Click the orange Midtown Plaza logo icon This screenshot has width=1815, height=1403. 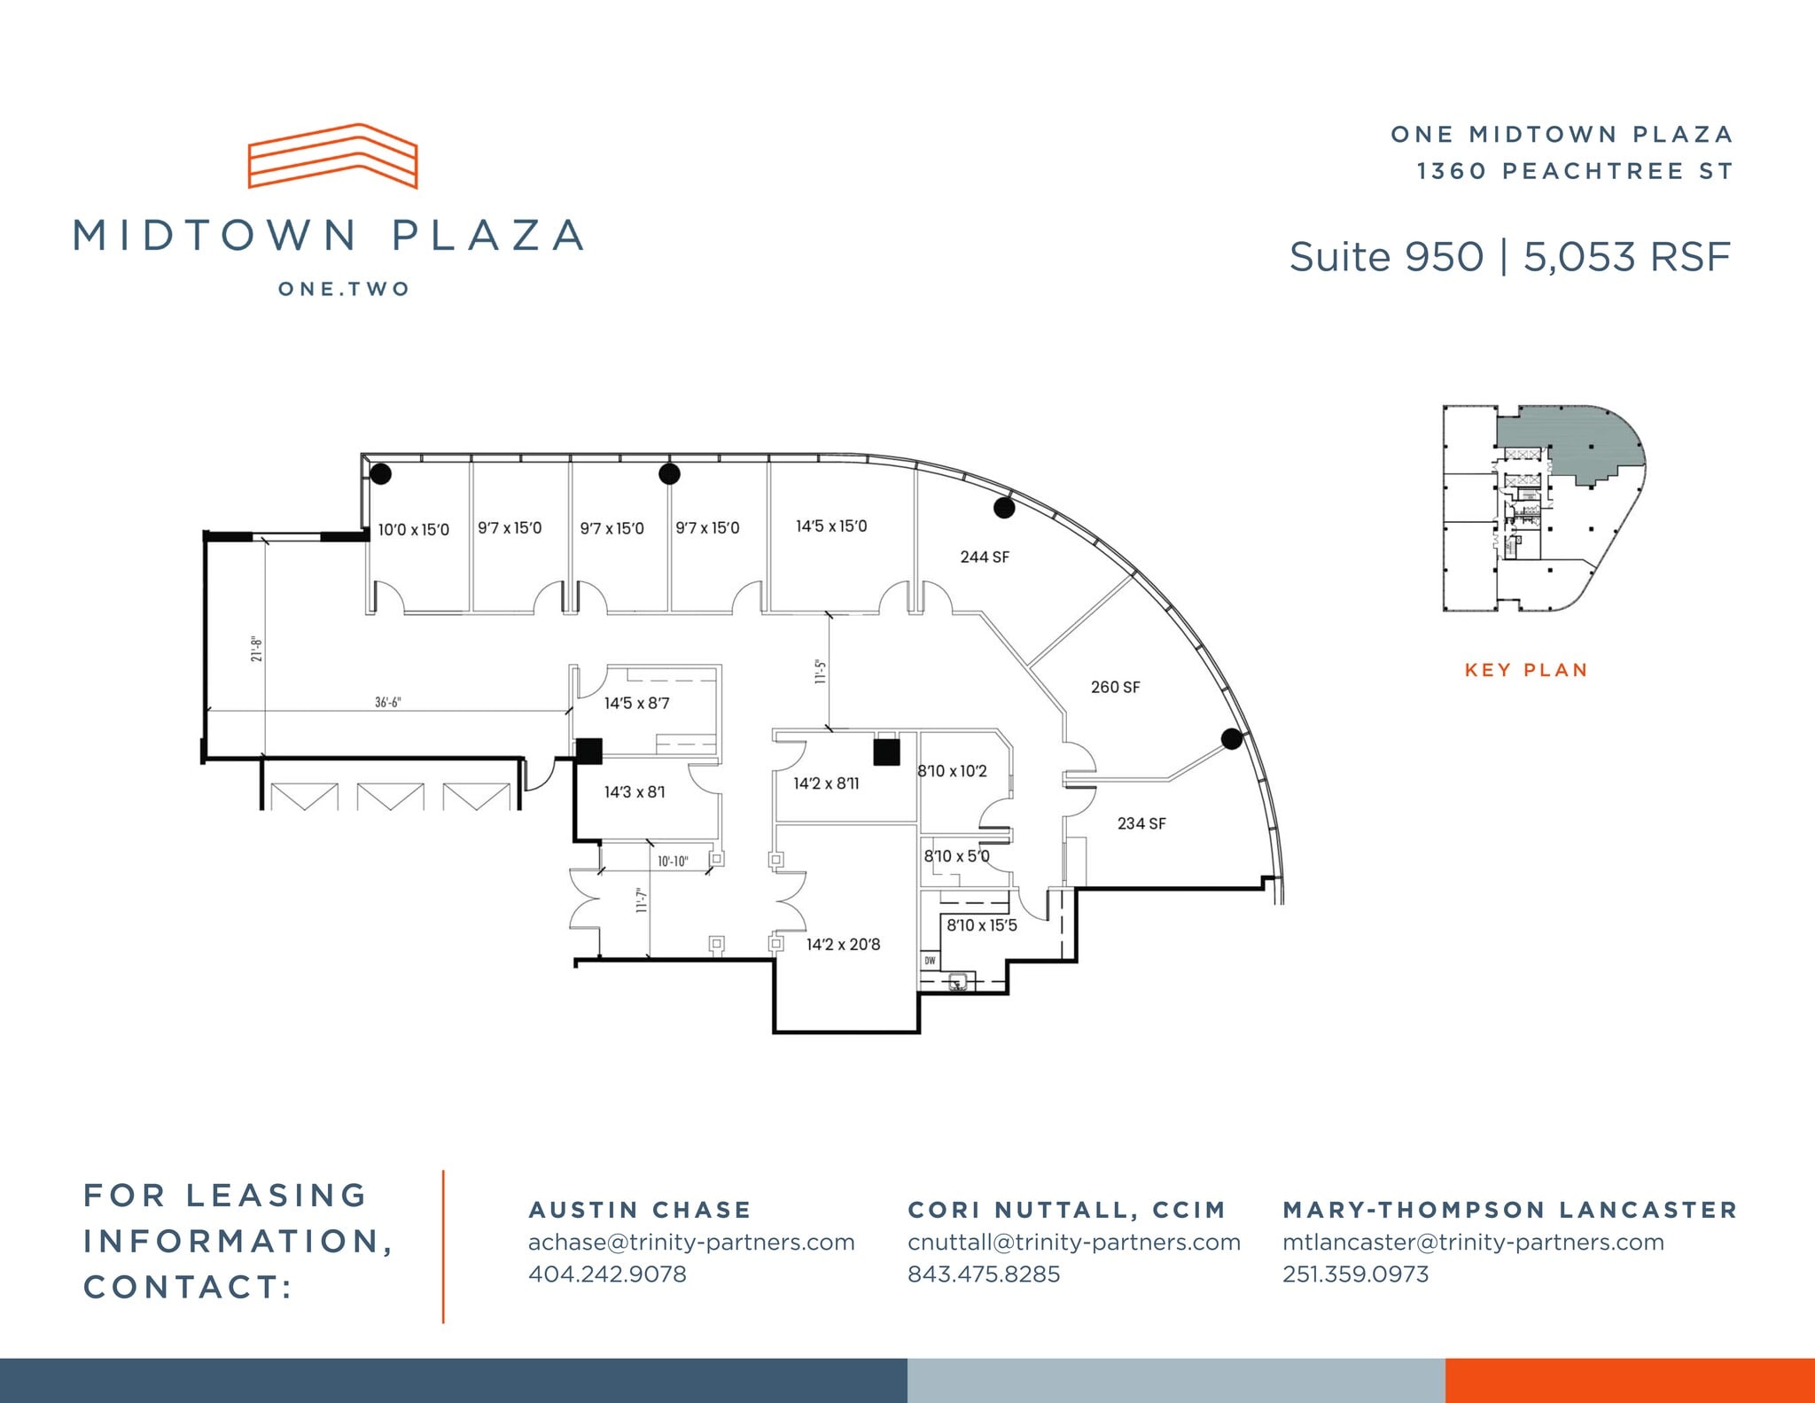tap(332, 156)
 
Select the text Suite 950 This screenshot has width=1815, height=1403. tap(1386, 257)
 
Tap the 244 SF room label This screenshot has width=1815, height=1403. tap(985, 557)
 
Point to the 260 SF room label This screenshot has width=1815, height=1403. tap(1115, 688)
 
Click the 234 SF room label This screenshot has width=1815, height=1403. tap(1141, 824)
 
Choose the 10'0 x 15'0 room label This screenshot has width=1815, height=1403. tap(413, 530)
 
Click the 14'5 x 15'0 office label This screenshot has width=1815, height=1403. tap(831, 526)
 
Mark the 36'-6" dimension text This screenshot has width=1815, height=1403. tap(387, 703)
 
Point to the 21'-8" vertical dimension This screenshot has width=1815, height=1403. tap(256, 649)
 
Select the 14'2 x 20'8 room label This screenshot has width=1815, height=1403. tap(843, 945)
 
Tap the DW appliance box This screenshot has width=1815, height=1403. tap(930, 961)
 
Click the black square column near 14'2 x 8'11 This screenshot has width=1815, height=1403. tap(886, 752)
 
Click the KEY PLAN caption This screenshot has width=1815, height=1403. tap(1526, 671)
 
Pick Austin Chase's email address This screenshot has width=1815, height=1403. tap(691, 1243)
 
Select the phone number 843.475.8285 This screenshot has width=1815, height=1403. tap(983, 1274)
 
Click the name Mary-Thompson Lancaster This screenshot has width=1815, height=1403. tap(1510, 1210)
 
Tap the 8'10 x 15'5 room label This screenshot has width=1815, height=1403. tap(982, 925)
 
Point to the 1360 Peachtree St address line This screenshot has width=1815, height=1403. tap(1574, 171)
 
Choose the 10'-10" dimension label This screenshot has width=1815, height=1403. tap(673, 861)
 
